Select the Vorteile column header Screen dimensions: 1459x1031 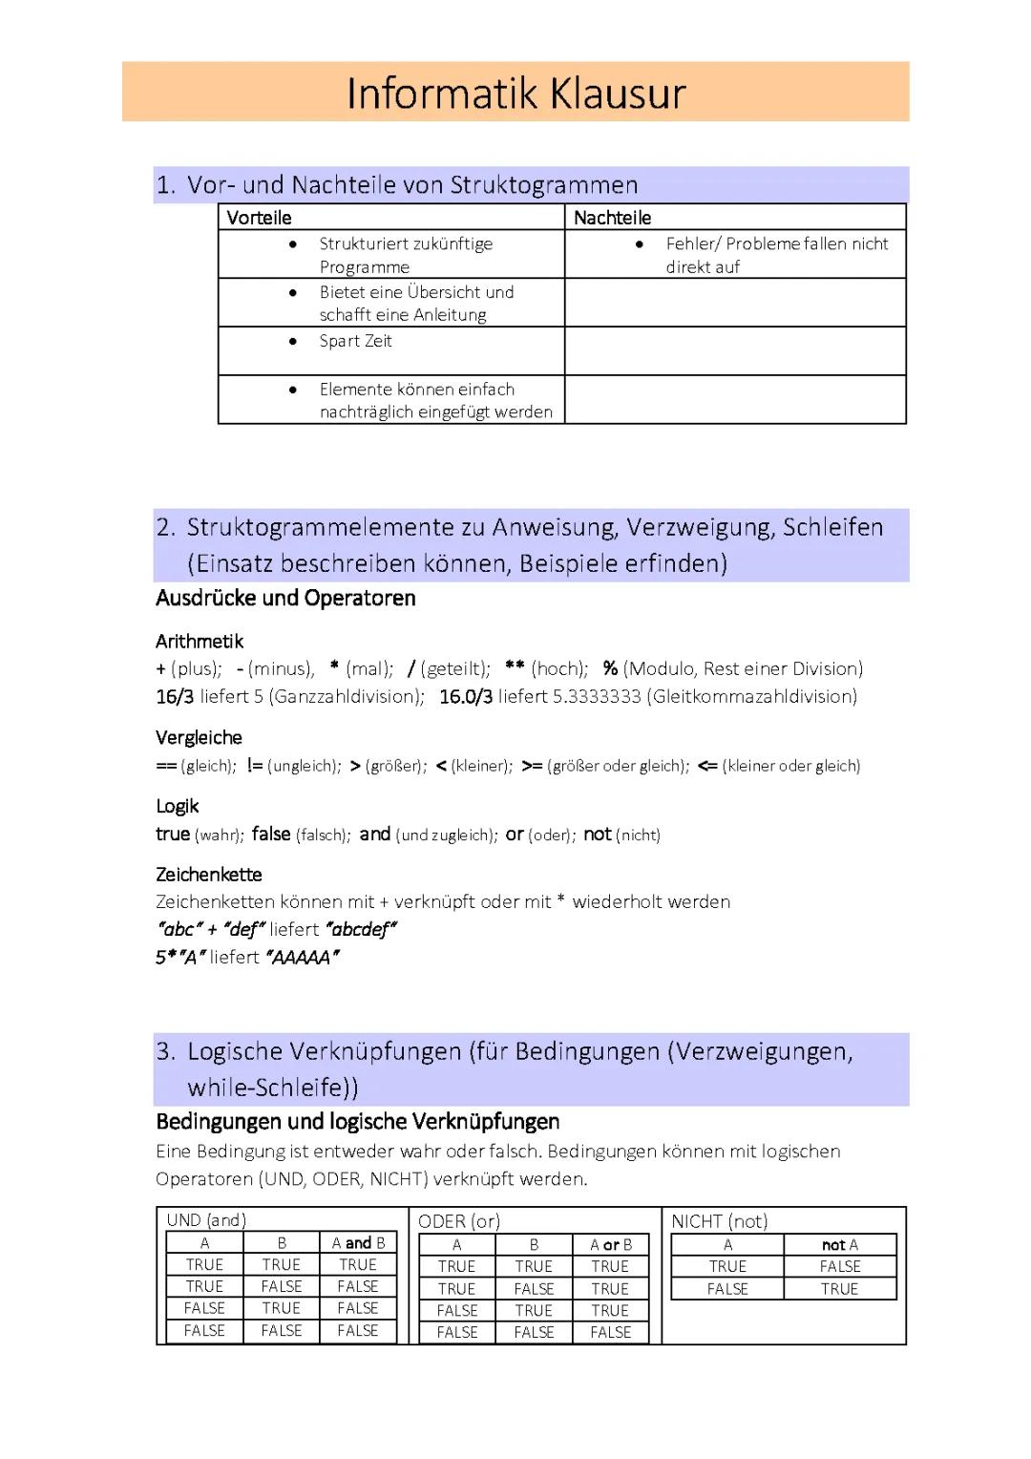point(259,218)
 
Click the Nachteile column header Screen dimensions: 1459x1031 point(612,218)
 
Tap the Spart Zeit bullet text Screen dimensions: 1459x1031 point(355,341)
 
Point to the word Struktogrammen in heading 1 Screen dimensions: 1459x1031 point(544,185)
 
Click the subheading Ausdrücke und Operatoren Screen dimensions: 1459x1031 point(285,599)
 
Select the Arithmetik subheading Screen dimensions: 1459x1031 point(200,641)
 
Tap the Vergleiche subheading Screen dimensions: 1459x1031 point(199,737)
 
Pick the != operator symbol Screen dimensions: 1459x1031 point(255,765)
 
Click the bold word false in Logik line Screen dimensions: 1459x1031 point(271,834)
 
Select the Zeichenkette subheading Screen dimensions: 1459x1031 point(208,874)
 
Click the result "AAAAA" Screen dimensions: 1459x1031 point(303,957)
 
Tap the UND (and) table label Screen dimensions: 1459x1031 point(206,1220)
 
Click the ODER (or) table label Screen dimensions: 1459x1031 point(459,1221)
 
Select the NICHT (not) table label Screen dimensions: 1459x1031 point(719,1221)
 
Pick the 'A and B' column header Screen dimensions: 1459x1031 point(358,1243)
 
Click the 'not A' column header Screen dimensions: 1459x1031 point(840,1245)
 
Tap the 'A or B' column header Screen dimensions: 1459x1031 point(611,1245)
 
